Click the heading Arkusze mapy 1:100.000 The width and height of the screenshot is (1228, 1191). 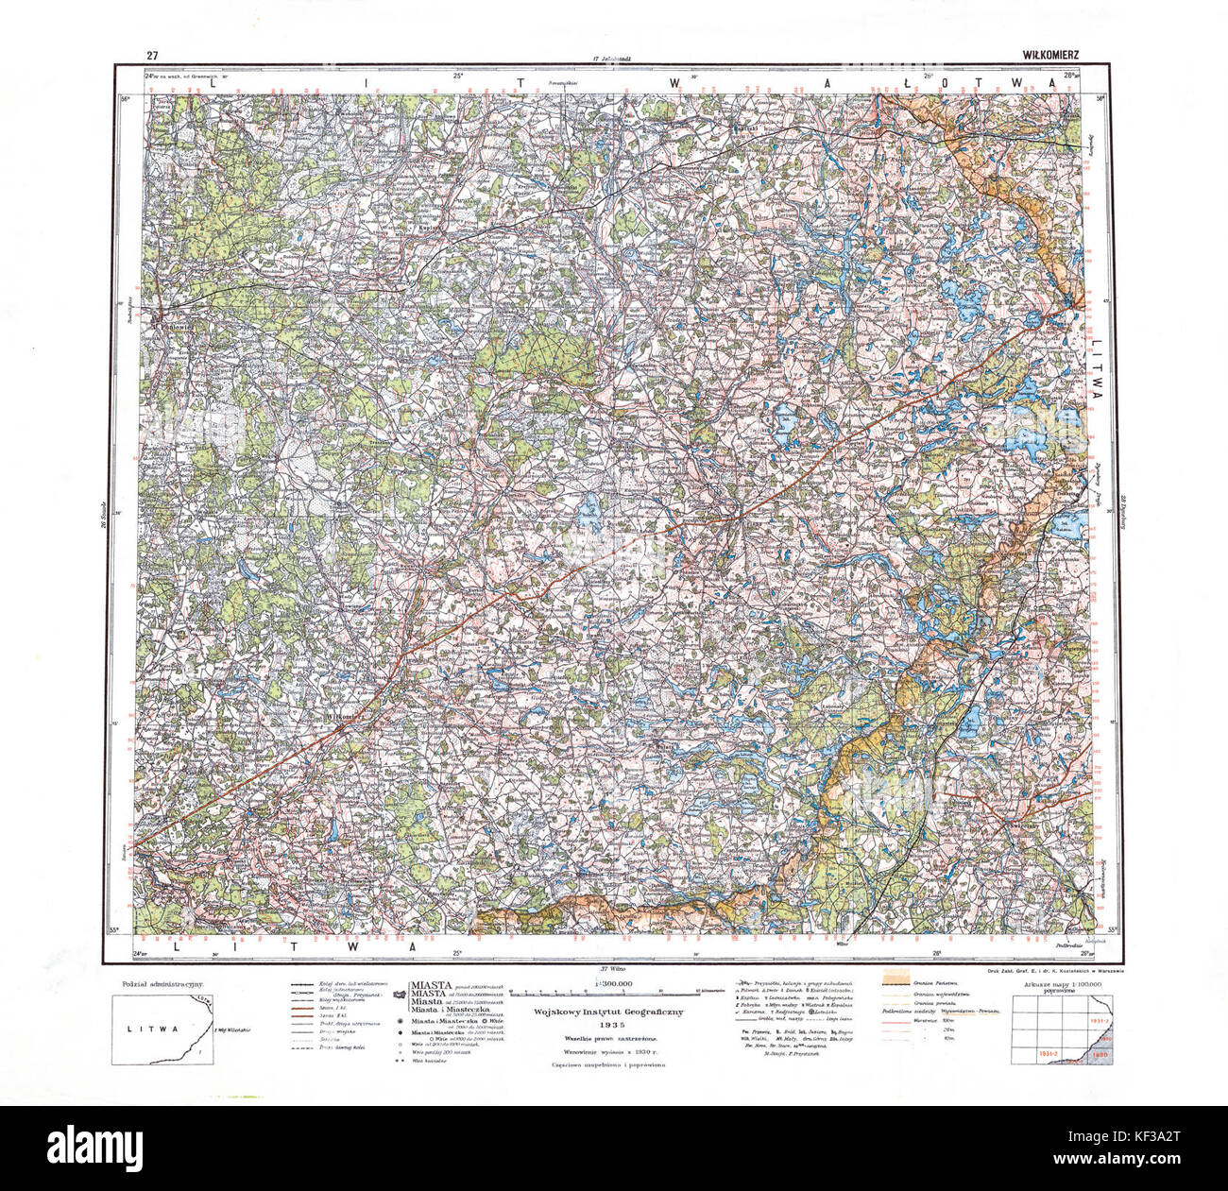[x=1063, y=985]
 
